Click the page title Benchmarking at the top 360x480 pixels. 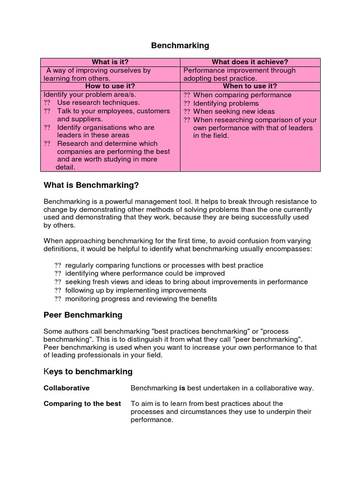click(x=180, y=45)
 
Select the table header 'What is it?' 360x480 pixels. click(x=110, y=62)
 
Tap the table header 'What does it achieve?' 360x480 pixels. click(x=250, y=62)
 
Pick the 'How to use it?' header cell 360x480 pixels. click(x=110, y=86)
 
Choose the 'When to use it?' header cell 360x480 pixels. click(x=250, y=86)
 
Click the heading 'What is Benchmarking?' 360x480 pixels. click(x=91, y=185)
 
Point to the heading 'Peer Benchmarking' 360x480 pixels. click(x=82, y=315)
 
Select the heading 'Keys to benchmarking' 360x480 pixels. click(x=88, y=372)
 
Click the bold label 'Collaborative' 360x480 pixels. click(x=66, y=388)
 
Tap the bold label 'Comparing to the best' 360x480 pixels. click(x=82, y=404)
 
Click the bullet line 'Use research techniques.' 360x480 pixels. click(x=98, y=103)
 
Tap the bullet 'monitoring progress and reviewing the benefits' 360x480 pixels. click(x=141, y=299)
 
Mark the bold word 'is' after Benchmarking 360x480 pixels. click(x=182, y=388)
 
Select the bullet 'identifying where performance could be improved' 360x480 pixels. click(x=145, y=273)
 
